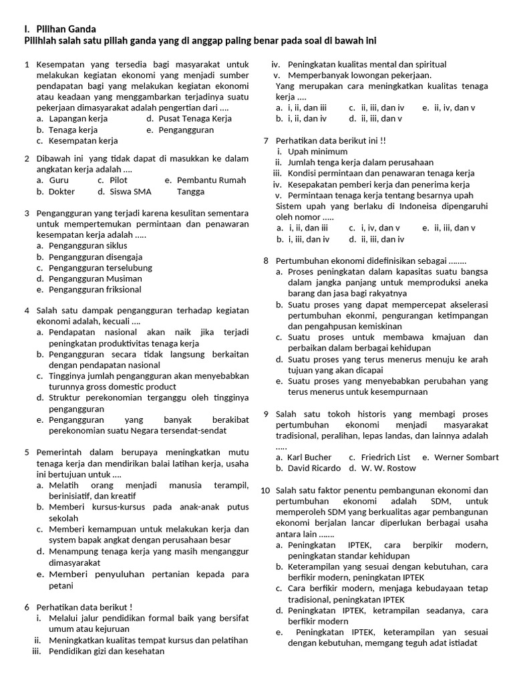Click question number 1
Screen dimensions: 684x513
pyautogui.click(x=27, y=65)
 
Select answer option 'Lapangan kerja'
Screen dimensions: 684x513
pyautogui.click(x=78, y=119)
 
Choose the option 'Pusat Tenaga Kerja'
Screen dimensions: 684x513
pyautogui.click(x=195, y=119)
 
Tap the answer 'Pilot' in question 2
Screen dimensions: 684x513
pyautogui.click(x=118, y=180)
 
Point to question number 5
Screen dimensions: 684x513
pyautogui.click(x=27, y=452)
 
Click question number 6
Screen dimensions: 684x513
pyautogui.click(x=27, y=607)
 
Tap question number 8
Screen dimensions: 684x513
pyautogui.click(x=265, y=261)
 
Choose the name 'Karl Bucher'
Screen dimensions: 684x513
pyautogui.click(x=309, y=458)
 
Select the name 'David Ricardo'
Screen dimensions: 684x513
pyautogui.click(x=314, y=468)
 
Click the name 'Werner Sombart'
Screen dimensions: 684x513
pyautogui.click(x=466, y=458)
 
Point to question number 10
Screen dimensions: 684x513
pyautogui.click(x=265, y=490)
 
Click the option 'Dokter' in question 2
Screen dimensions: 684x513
pyautogui.click(x=62, y=192)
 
